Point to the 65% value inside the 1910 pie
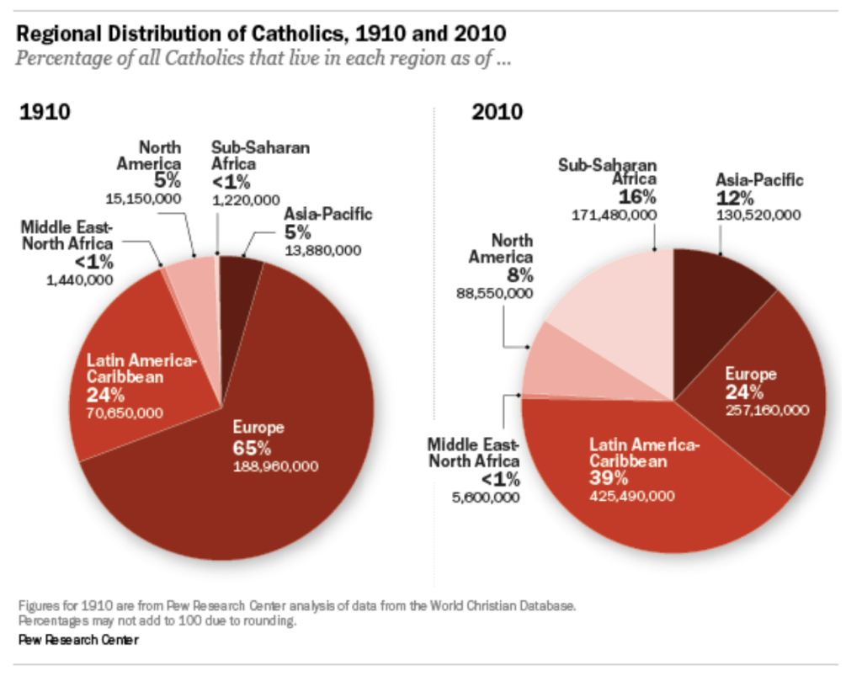click(x=252, y=448)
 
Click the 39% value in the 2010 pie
click(x=608, y=478)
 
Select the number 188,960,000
click(x=274, y=466)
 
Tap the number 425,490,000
click(x=631, y=496)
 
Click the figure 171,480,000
click(x=615, y=215)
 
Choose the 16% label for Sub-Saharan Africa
click(x=637, y=197)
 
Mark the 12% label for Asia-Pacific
click(x=731, y=197)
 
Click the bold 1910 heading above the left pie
click(x=44, y=112)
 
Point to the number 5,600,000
click(x=487, y=498)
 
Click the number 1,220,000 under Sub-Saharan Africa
click(x=246, y=200)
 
